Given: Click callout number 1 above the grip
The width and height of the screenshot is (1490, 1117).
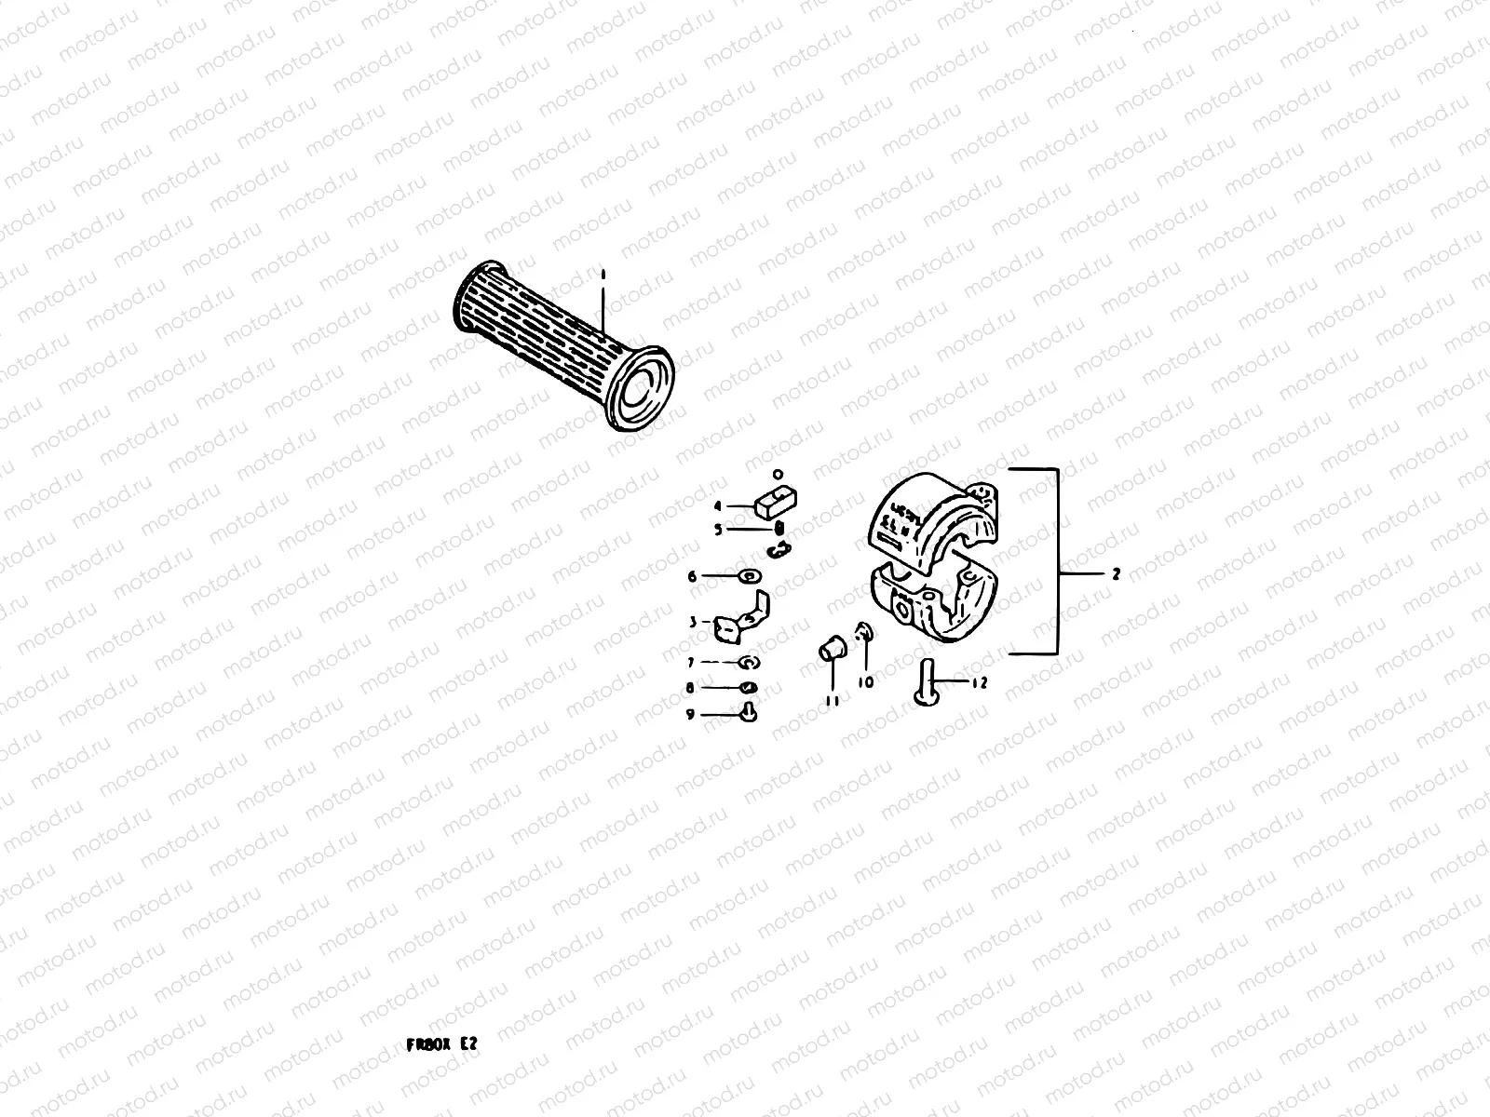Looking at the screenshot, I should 603,276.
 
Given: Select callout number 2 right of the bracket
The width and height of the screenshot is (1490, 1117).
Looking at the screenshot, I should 1116,574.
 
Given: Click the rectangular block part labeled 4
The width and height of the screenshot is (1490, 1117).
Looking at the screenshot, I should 773,504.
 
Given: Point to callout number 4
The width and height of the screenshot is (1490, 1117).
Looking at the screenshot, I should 718,506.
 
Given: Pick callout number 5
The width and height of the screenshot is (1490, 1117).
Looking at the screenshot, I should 718,530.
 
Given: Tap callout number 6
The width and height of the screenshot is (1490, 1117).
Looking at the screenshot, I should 692,577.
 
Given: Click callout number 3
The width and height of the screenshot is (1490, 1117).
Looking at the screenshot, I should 693,622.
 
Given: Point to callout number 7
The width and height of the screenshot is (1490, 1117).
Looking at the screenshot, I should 691,663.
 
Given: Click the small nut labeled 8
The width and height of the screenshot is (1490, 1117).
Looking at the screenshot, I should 749,688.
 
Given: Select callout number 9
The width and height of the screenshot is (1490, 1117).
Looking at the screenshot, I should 690,715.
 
